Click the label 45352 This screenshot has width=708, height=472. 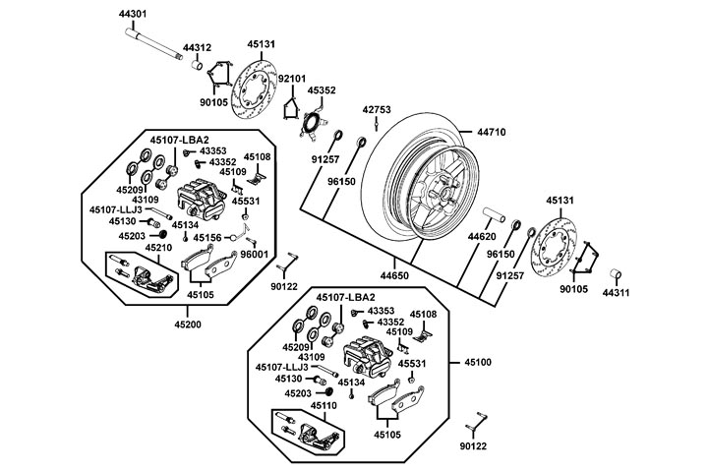pyautogui.click(x=322, y=89)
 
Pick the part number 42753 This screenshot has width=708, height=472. pyautogui.click(x=379, y=109)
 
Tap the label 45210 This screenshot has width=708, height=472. pyautogui.click(x=159, y=248)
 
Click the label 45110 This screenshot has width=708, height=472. pyautogui.click(x=324, y=405)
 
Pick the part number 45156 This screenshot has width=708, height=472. pyautogui.click(x=207, y=237)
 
